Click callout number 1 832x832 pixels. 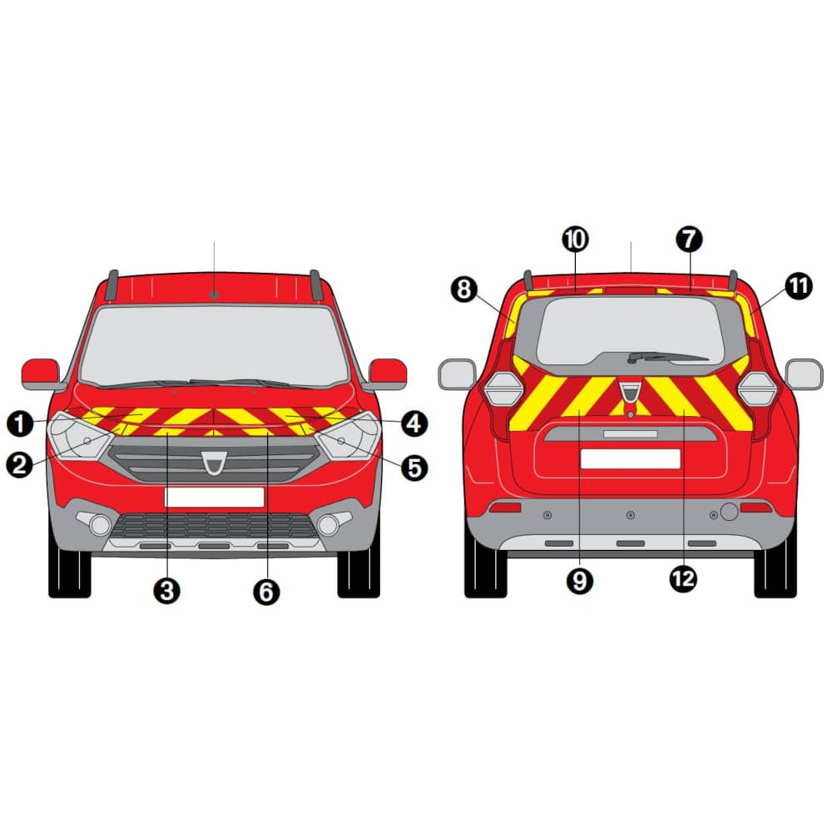pyautogui.click(x=20, y=424)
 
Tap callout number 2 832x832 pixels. pyautogui.click(x=19, y=465)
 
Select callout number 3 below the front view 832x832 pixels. pyautogui.click(x=166, y=591)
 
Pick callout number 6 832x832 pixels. pyautogui.click(x=266, y=592)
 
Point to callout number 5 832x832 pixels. pyautogui.click(x=414, y=468)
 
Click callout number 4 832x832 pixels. pyautogui.click(x=414, y=424)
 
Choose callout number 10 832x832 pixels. pyautogui.click(x=575, y=240)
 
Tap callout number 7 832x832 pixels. pyautogui.click(x=689, y=240)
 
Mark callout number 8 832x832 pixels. pyautogui.click(x=463, y=290)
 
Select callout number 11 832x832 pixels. pyautogui.click(x=799, y=286)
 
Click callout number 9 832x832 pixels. pyautogui.click(x=579, y=581)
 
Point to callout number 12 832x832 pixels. pyautogui.click(x=683, y=578)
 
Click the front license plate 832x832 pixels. pyautogui.click(x=215, y=498)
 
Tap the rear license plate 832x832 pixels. pyautogui.click(x=631, y=459)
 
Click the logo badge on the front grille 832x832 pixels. pyautogui.click(x=214, y=463)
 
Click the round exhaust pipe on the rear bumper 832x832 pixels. pyautogui.click(x=729, y=512)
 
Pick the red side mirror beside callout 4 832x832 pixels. pyautogui.click(x=387, y=373)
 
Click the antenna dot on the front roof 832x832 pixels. pyautogui.click(x=215, y=295)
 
